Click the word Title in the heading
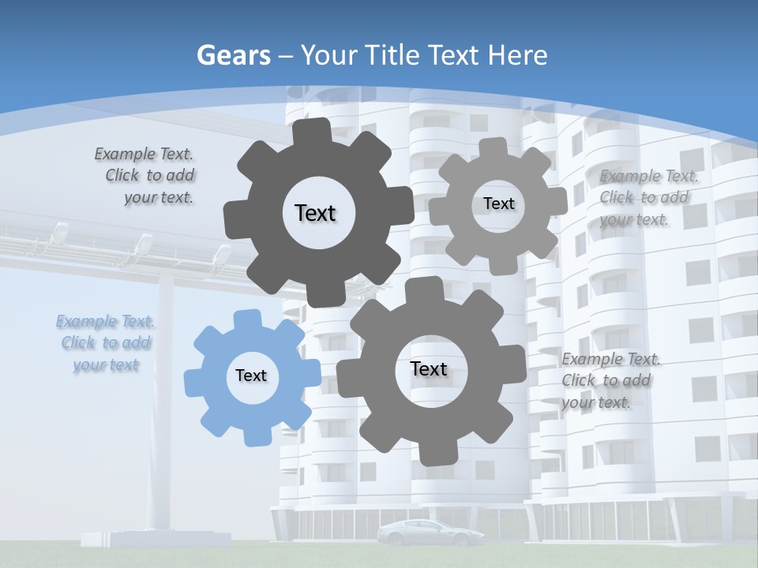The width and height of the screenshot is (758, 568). coord(392,55)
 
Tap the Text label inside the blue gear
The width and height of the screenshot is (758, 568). coord(251,376)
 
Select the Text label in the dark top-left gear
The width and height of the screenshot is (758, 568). coord(315,213)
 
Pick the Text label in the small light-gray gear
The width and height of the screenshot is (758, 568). coord(498,204)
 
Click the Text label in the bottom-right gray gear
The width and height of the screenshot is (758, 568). coord(429,368)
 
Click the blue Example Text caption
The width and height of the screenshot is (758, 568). coord(105,343)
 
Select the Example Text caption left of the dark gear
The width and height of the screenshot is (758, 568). coord(144,175)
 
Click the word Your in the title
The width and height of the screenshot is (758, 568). coord(330,55)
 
